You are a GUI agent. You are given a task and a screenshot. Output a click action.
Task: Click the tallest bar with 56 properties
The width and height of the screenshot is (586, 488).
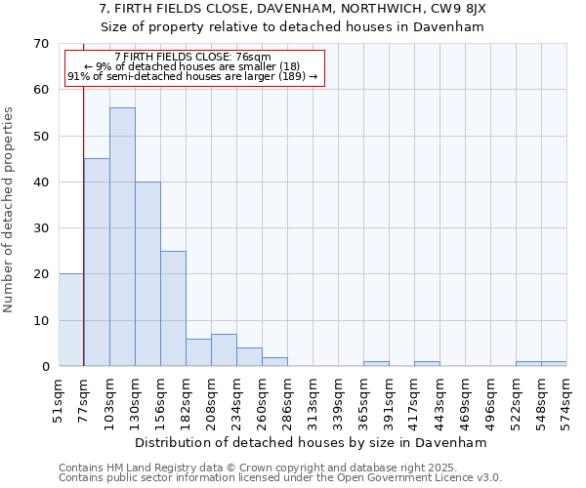tap(122, 237)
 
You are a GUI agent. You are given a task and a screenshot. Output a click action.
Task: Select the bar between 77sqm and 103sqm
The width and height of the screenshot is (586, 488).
tap(97, 263)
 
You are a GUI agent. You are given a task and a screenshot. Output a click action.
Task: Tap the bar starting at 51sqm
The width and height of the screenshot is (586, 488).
tap(71, 320)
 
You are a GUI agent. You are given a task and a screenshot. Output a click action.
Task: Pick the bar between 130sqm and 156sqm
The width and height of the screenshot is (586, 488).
tap(147, 274)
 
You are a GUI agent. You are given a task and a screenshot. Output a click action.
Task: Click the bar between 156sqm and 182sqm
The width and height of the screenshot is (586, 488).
tap(173, 308)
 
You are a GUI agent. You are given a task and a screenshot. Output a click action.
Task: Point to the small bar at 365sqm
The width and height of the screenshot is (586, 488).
tap(376, 364)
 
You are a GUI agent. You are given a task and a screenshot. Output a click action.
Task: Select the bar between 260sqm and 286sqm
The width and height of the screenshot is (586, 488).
tap(274, 362)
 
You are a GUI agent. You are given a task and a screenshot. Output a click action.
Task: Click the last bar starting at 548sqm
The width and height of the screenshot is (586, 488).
tap(554, 364)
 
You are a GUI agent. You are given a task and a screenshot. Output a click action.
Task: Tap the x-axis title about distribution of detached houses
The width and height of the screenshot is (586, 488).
tap(311, 442)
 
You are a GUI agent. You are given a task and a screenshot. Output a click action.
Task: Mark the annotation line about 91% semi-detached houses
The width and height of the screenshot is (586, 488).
tap(192, 76)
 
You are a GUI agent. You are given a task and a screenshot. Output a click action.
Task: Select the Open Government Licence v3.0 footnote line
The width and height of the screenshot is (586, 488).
tap(280, 477)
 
